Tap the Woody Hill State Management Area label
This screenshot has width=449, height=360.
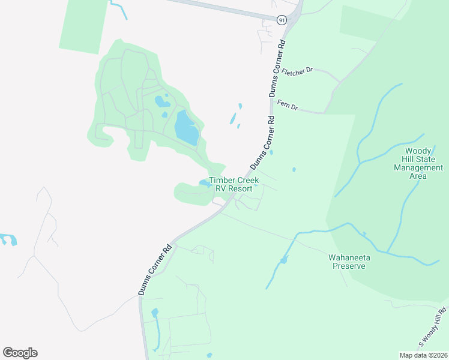(418, 163)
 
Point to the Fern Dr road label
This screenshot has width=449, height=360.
(287, 106)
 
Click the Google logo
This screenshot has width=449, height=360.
(20, 353)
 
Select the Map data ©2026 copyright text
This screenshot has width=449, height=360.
(423, 355)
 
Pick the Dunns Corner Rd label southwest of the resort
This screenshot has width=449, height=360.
(155, 269)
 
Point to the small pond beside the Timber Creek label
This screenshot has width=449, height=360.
(204, 183)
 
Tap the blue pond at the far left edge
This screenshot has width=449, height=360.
(8, 239)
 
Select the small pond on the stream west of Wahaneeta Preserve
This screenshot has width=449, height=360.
(283, 260)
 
